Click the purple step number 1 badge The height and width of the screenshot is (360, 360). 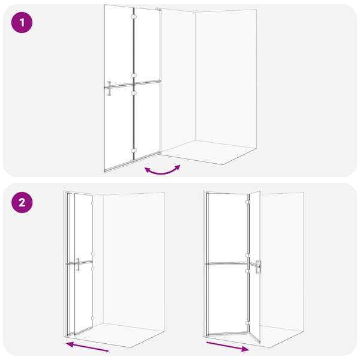[x=22, y=23]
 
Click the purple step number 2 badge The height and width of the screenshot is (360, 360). [x=22, y=203]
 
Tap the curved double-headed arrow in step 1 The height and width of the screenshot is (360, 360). [x=163, y=170]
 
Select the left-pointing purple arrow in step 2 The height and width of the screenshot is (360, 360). [x=87, y=346]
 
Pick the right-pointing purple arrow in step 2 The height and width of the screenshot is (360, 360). [x=227, y=347]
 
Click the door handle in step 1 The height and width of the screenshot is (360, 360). [x=109, y=88]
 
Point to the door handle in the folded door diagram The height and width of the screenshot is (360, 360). [x=78, y=265]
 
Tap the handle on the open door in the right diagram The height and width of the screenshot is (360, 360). [x=258, y=267]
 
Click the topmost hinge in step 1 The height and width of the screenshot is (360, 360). [x=134, y=17]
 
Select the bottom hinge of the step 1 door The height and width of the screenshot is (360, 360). [x=134, y=151]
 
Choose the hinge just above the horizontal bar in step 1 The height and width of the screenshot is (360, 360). [x=134, y=76]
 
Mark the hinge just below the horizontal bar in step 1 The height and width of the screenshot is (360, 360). [x=134, y=93]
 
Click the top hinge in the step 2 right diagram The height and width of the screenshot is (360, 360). [x=247, y=202]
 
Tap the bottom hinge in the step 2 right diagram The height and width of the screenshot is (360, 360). [x=247, y=323]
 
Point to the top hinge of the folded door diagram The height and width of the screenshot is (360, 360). [x=92, y=203]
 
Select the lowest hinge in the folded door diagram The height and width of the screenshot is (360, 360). [x=92, y=319]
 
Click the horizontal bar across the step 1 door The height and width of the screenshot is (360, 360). [x=133, y=84]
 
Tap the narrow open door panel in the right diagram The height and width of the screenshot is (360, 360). [x=255, y=266]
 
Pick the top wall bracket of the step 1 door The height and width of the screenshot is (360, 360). [x=158, y=9]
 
